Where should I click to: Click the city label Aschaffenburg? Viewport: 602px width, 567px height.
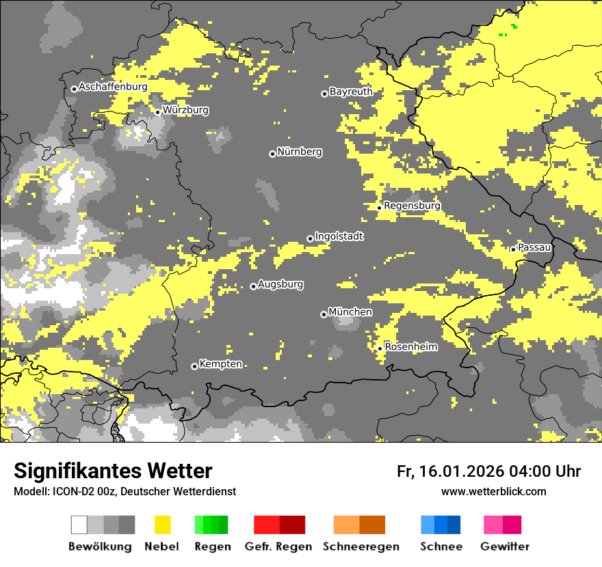click(x=113, y=87)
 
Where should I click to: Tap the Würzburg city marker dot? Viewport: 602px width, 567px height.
click(x=157, y=112)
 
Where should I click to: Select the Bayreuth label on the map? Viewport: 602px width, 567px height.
click(x=351, y=92)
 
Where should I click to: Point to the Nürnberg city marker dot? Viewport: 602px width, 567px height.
click(x=272, y=154)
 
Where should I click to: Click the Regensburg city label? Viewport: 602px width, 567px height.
click(x=412, y=206)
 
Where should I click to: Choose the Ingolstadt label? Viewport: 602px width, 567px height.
click(x=339, y=236)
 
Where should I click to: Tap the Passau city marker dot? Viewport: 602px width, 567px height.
click(x=513, y=249)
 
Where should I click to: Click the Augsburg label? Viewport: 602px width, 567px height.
click(x=280, y=284)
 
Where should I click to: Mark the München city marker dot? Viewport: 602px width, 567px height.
click(x=324, y=314)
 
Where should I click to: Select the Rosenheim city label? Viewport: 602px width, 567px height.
click(x=411, y=347)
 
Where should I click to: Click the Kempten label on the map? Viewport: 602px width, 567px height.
click(x=221, y=364)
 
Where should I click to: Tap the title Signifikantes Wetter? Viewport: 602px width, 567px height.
click(x=113, y=471)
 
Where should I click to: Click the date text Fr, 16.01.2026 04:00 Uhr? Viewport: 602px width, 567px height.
click(x=488, y=471)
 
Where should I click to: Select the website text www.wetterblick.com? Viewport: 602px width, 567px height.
click(x=493, y=491)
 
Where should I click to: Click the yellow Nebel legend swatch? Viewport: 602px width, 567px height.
click(x=163, y=525)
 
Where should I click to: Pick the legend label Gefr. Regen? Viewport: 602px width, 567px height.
click(x=278, y=547)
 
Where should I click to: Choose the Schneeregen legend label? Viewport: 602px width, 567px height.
click(x=361, y=547)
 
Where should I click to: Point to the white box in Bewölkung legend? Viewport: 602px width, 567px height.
click(x=79, y=525)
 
